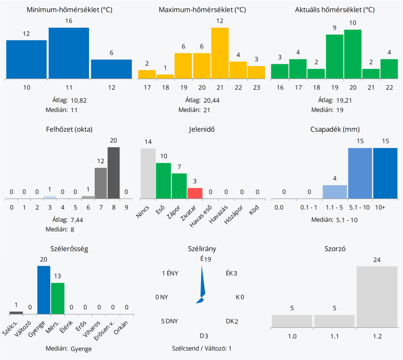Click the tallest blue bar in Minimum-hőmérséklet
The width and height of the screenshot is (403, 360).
(69, 53)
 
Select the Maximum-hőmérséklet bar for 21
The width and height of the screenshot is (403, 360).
(220, 53)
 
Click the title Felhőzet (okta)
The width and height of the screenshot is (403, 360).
(69, 129)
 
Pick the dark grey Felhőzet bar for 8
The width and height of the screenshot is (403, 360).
(113, 172)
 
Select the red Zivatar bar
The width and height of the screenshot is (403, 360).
(194, 193)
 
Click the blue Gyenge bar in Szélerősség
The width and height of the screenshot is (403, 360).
(44, 290)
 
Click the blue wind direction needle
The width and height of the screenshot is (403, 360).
(202, 284)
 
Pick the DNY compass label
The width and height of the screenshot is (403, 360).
(172, 321)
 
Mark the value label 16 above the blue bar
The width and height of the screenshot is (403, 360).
(69, 21)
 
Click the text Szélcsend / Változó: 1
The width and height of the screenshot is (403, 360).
(201, 348)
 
